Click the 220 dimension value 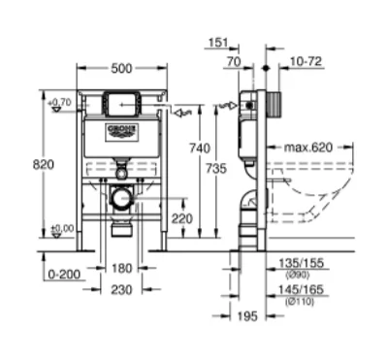pos(182,218)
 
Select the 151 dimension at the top pos(217,44)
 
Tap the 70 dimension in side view pos(234,61)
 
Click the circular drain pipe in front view pos(120,199)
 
